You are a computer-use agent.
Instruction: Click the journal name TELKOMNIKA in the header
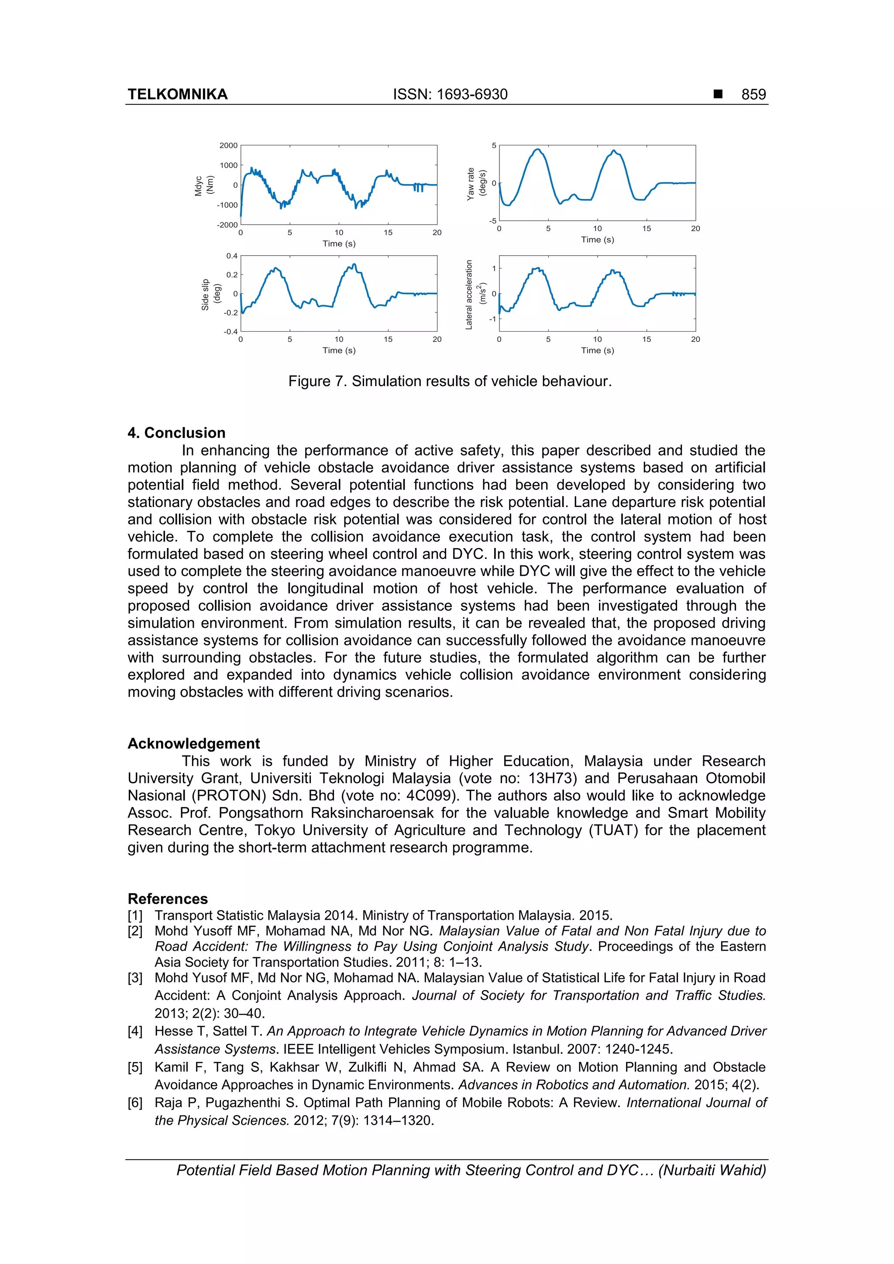177,94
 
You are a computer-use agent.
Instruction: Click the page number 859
753,94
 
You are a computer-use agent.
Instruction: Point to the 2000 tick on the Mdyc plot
228,145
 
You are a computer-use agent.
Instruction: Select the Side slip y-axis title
211,295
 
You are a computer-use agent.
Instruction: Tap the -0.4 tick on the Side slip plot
230,332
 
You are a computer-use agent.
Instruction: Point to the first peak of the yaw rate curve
538,149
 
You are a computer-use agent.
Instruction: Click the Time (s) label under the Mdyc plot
339,243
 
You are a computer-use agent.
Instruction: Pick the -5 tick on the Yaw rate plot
493,221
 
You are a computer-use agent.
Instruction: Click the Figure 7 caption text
450,381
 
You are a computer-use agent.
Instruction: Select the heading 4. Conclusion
176,433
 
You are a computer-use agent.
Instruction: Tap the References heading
168,898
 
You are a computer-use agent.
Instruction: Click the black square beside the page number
718,94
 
